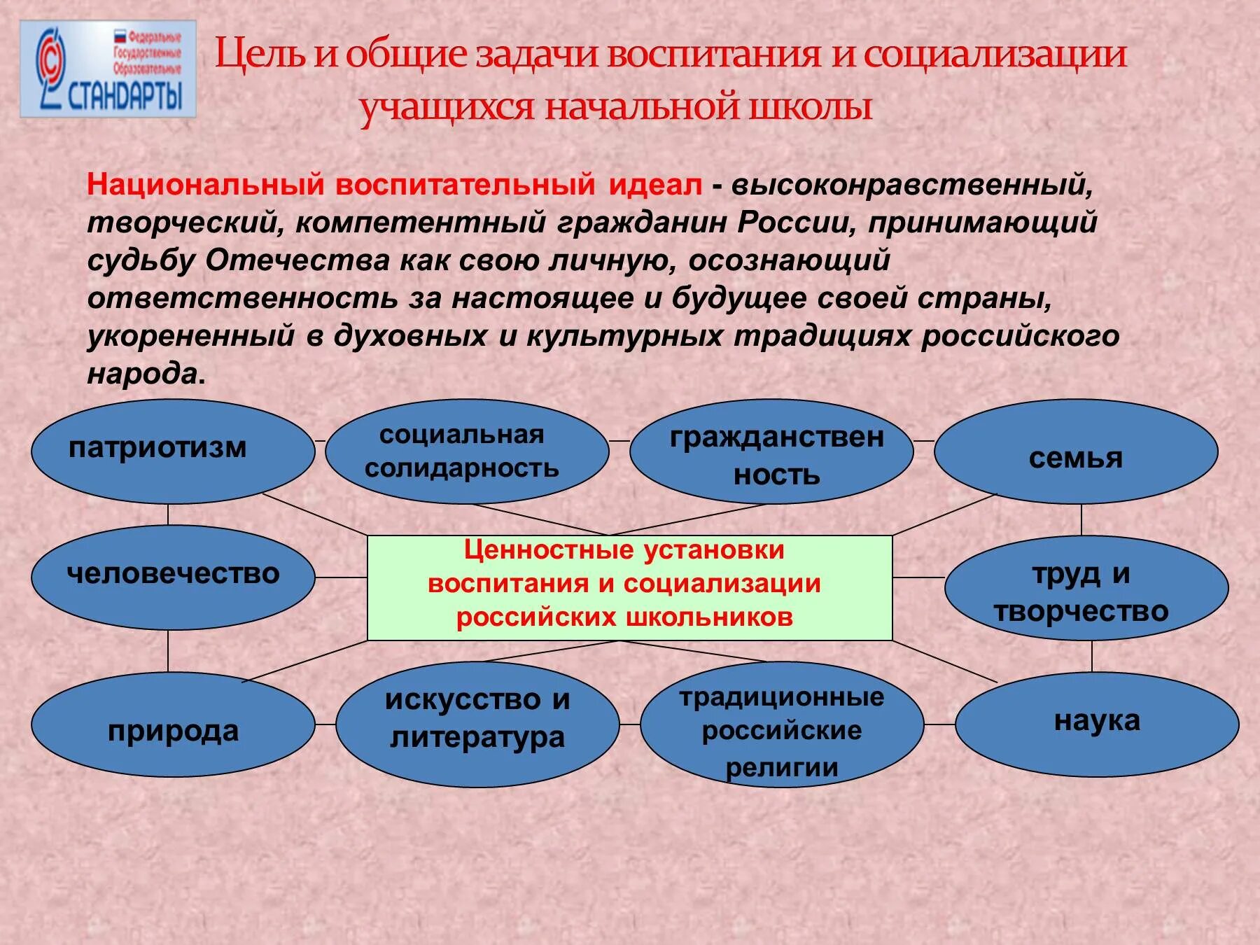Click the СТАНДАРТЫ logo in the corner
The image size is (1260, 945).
pos(108,69)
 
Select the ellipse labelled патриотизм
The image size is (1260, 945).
pos(173,451)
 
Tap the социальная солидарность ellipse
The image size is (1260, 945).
pos(467,451)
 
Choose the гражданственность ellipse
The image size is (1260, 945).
pos(771,452)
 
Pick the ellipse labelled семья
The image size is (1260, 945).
pos(1076,452)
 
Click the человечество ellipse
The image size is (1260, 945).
pos(173,577)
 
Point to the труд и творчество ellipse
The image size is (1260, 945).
pos(1086,588)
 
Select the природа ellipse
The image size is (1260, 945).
pos(173,724)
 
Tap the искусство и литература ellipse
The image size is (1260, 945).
pos(477,724)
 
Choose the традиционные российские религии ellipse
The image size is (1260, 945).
pos(782,724)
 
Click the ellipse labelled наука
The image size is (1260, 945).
pos(1097,724)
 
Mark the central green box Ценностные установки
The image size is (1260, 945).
pos(629,588)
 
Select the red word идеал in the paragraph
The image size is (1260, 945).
pos(654,185)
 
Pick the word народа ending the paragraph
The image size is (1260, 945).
pos(143,374)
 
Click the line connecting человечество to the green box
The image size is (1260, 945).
pos(341,577)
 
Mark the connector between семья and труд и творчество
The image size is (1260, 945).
pos(1081,519)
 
